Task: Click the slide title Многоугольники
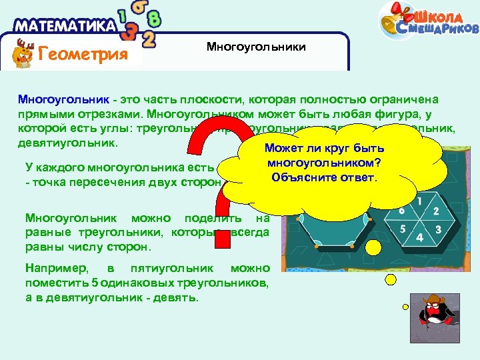coord(256,47)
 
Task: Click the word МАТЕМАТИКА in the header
coord(65,26)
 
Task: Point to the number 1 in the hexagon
coord(419,200)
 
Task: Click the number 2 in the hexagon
coord(435,211)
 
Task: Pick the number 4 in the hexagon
coord(419,238)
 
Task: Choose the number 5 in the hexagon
coord(403,229)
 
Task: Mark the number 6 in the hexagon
coord(402,211)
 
